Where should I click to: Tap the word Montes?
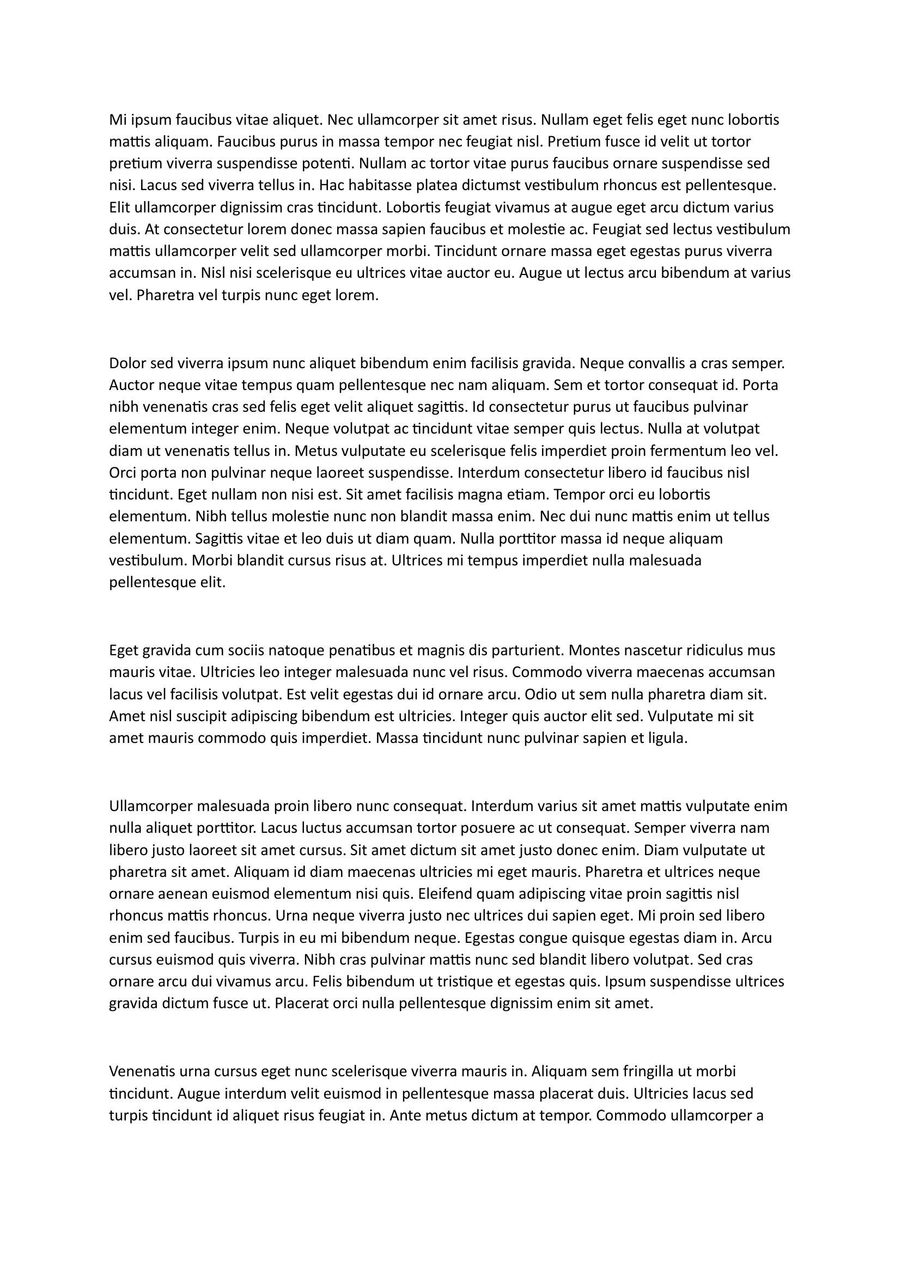point(593,650)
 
